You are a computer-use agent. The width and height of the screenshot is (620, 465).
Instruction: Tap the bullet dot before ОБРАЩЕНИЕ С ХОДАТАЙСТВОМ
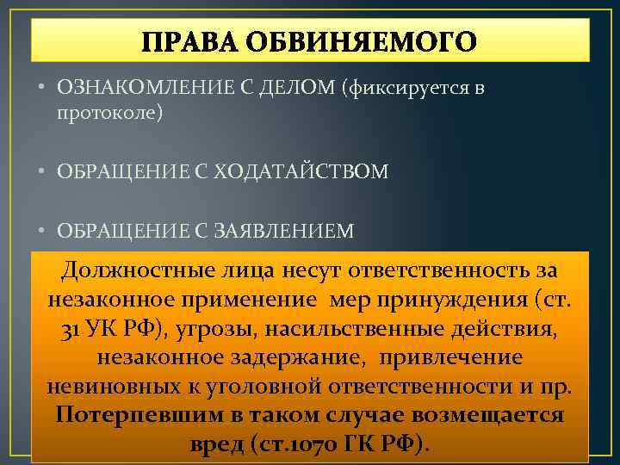click(x=42, y=172)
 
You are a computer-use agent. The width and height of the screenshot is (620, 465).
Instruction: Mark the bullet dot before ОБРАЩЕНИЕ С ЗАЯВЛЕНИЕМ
click(x=42, y=230)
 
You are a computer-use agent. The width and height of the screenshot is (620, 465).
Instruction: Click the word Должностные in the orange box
click(x=133, y=272)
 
